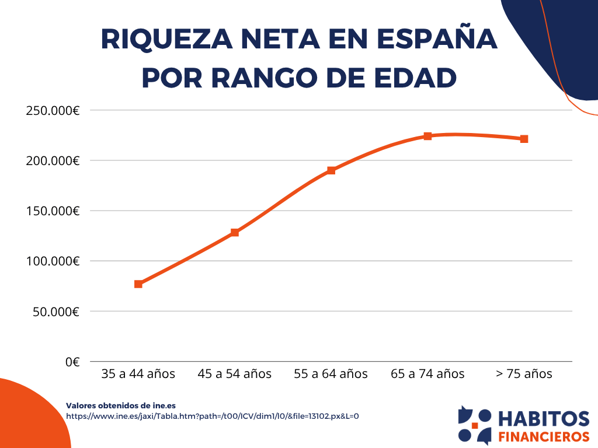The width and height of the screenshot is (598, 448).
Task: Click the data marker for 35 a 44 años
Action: (138, 284)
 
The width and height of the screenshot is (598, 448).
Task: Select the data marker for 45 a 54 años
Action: (235, 232)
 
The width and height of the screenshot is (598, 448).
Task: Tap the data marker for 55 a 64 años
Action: (331, 170)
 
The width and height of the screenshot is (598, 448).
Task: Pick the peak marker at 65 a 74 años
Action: (427, 136)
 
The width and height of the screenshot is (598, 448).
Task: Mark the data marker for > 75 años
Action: (524, 139)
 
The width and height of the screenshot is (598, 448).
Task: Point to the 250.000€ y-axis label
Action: (53, 110)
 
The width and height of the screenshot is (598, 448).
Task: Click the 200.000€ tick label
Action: (53, 160)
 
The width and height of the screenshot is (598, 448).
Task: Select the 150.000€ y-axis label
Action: (53, 211)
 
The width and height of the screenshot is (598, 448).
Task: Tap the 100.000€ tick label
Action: (53, 261)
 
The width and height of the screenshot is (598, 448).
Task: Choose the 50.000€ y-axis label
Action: (56, 311)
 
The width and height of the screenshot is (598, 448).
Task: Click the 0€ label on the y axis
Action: (72, 362)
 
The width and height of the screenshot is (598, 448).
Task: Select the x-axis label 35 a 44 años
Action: (138, 374)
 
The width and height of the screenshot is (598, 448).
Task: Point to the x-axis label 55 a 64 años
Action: (331, 374)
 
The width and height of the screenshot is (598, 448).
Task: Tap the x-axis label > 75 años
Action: (524, 374)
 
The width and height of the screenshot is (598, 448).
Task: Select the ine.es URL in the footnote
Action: (212, 416)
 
